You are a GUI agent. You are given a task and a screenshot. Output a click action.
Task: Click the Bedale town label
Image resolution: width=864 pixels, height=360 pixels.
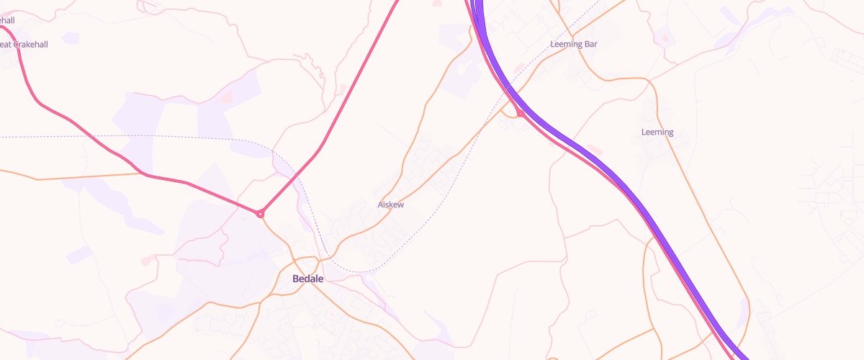307,279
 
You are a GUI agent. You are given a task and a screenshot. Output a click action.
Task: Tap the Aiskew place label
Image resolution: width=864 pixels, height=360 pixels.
391,204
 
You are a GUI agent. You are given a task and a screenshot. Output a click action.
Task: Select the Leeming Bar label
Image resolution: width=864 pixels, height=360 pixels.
573,44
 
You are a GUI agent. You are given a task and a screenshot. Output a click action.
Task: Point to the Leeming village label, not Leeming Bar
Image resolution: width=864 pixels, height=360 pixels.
657,132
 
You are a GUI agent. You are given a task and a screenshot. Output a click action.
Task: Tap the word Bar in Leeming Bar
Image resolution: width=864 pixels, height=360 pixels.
590,44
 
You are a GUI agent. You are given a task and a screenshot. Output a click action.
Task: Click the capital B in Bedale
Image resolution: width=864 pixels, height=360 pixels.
296,279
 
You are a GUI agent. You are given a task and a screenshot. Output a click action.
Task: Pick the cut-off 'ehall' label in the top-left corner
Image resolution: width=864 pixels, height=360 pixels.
6,20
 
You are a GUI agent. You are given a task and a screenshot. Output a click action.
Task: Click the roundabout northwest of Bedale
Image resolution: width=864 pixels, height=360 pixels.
261,214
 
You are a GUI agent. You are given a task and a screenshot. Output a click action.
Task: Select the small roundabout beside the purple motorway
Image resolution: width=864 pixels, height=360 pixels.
520,114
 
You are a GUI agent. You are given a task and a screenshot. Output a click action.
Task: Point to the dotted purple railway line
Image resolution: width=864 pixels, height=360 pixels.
144,135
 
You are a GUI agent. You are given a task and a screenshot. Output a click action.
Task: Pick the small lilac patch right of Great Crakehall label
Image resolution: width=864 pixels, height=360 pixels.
71,38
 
